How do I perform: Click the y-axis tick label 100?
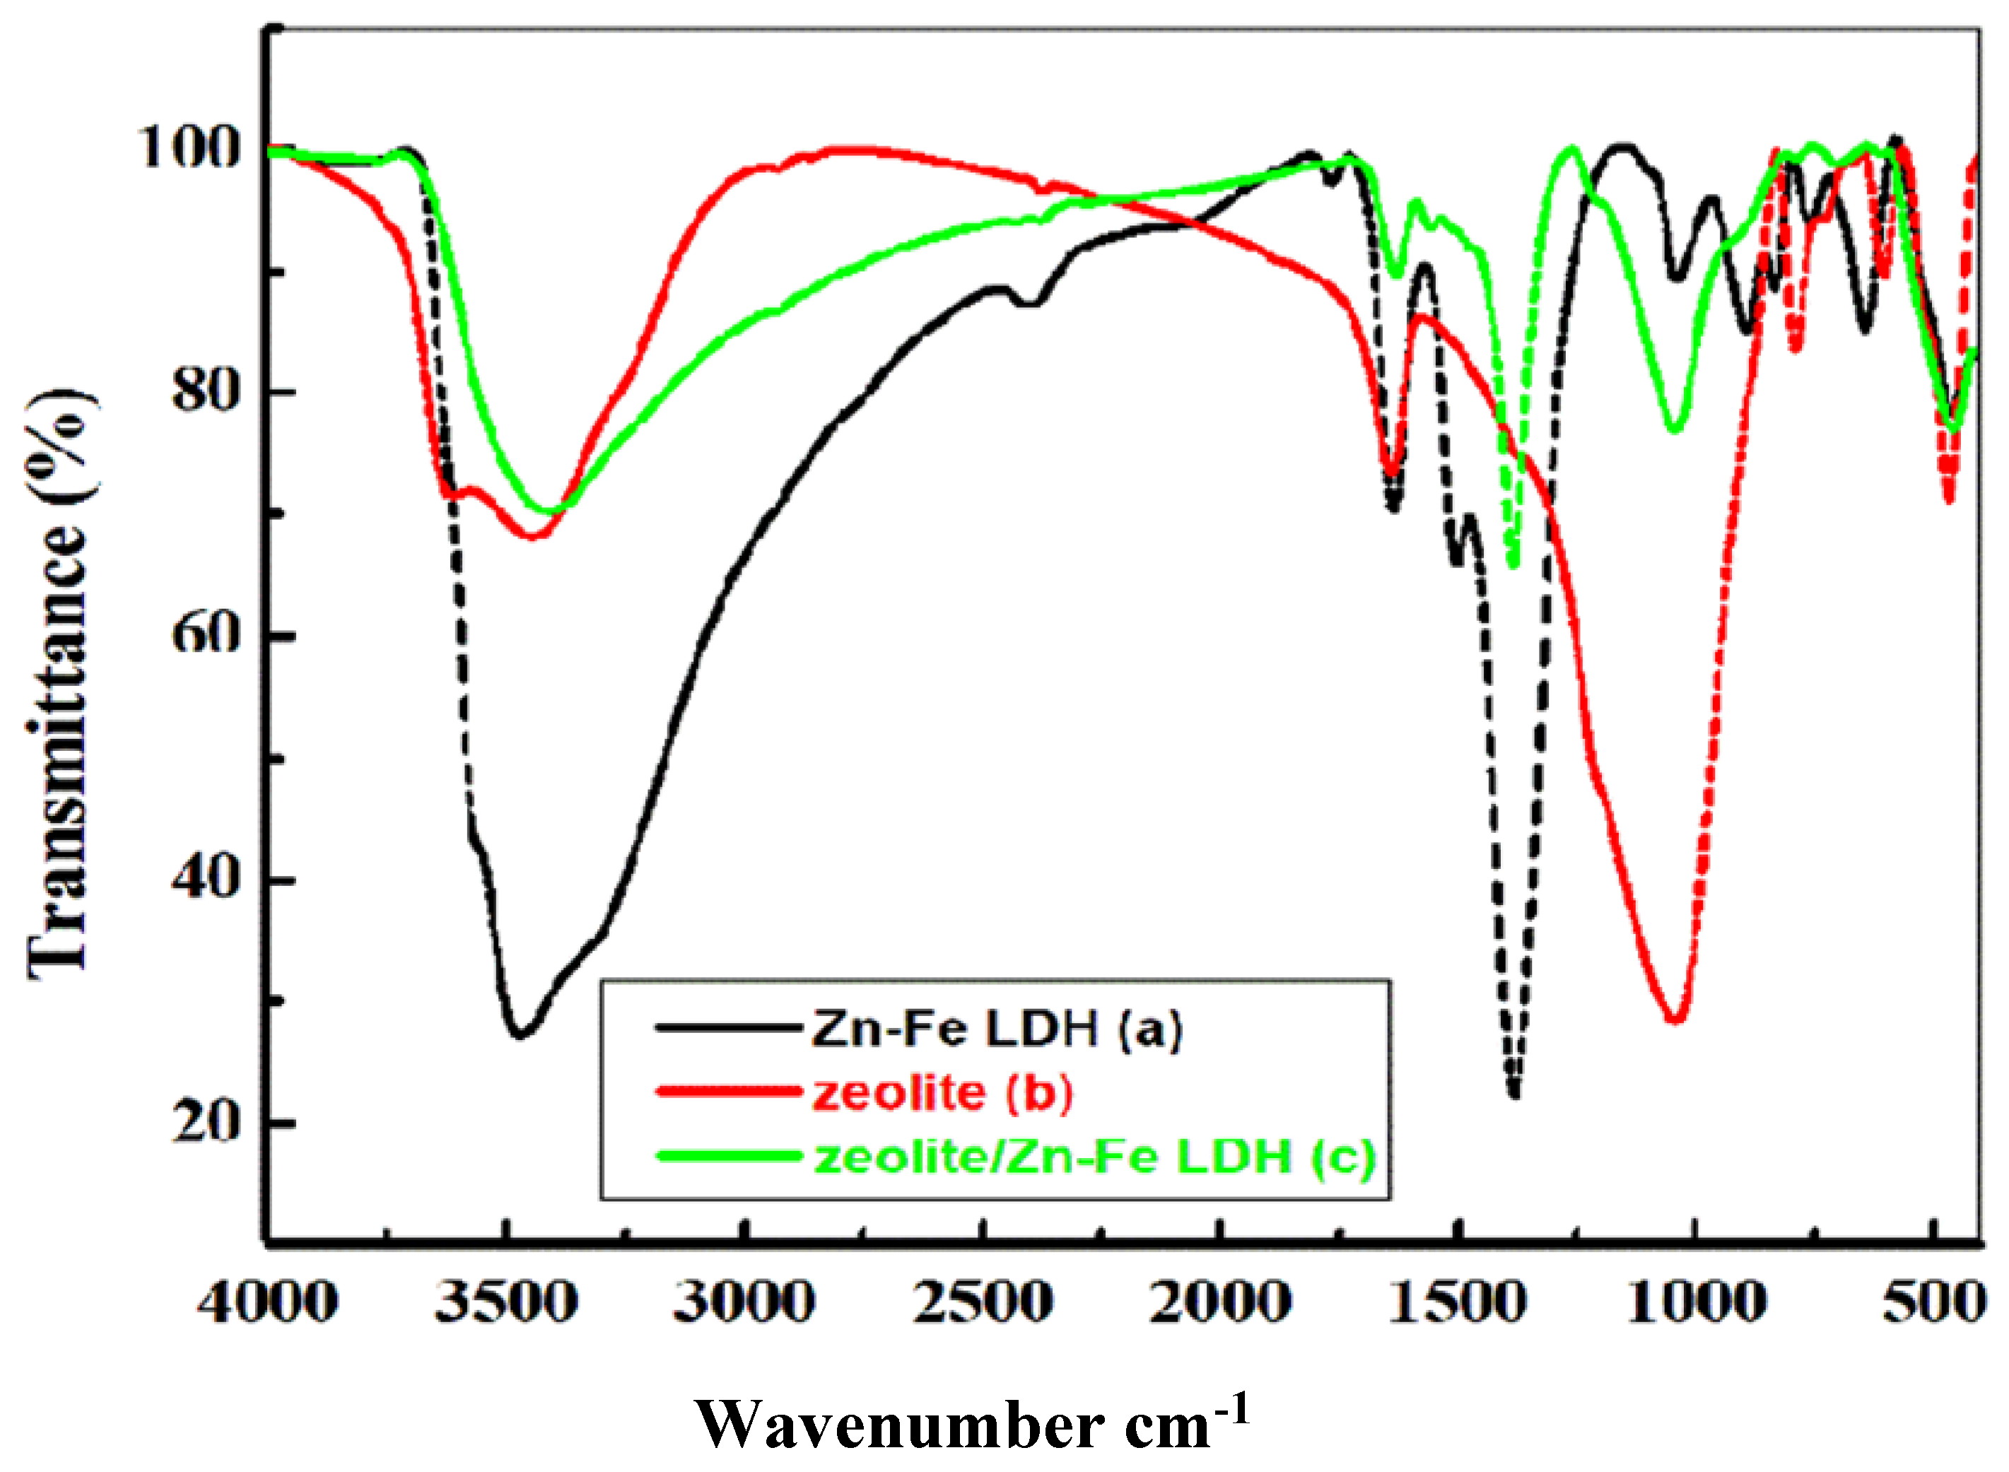(188, 147)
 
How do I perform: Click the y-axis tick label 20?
(206, 1122)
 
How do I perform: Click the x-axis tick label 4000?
(267, 1303)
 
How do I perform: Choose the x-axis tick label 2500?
(983, 1303)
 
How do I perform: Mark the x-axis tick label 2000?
(1221, 1303)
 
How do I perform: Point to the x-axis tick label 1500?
(1458, 1303)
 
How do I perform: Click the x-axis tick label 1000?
(1697, 1303)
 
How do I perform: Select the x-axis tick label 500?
(1934, 1303)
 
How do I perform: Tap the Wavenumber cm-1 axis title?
(971, 1423)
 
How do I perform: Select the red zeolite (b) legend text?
(942, 1093)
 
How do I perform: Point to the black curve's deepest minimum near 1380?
(1513, 1094)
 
